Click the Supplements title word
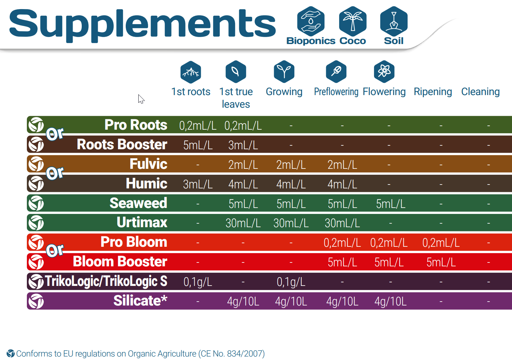click(142, 24)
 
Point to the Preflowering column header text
click(336, 92)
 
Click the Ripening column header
click(433, 92)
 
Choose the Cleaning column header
click(480, 92)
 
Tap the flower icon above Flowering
click(384, 72)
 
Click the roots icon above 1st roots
click(191, 72)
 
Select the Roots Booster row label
click(122, 144)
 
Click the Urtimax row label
click(142, 222)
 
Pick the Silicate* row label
click(140, 301)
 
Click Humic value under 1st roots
click(198, 184)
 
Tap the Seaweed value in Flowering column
click(390, 204)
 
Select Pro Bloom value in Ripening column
click(441, 243)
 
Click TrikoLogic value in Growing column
click(291, 282)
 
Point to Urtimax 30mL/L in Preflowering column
click(342, 223)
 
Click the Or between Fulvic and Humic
click(55, 173)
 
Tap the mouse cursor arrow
click(141, 99)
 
